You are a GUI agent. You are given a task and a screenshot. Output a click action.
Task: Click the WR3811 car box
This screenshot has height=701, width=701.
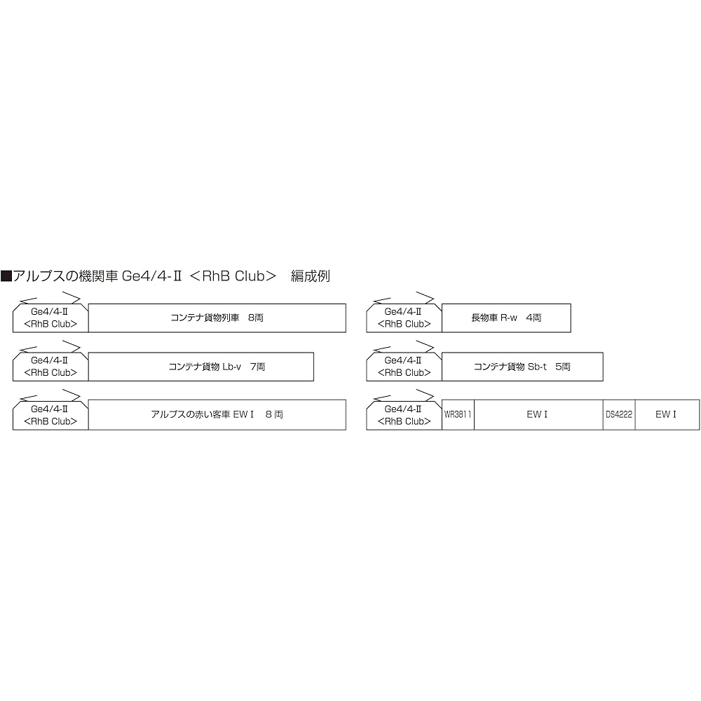458,414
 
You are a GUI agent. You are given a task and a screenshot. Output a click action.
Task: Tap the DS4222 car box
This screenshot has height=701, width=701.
619,414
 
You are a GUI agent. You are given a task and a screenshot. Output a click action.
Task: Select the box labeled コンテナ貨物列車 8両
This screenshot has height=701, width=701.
217,318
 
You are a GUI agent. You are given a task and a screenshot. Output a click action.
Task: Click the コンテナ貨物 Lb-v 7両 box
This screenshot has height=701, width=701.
201,367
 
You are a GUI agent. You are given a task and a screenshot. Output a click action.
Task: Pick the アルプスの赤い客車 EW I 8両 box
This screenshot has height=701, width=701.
217,414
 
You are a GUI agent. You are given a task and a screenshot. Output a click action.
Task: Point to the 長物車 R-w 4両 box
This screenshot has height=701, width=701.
506,318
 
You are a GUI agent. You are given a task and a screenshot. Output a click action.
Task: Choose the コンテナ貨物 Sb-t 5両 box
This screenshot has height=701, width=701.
522,367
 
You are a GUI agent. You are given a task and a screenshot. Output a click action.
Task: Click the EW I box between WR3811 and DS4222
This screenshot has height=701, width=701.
538,414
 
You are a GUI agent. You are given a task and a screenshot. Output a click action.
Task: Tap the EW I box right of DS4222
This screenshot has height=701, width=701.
667,414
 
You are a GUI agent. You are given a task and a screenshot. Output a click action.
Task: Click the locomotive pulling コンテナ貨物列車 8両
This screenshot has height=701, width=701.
50,318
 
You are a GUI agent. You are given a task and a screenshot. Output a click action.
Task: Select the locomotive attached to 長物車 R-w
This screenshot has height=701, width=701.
404,318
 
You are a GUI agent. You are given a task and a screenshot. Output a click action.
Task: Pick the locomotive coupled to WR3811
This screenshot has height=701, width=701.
404,414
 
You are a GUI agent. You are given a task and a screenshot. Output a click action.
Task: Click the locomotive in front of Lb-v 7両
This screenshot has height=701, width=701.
50,367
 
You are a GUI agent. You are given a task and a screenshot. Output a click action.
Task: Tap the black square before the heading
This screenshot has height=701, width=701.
6,275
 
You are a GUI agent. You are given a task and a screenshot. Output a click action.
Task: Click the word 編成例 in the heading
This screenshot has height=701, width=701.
311,275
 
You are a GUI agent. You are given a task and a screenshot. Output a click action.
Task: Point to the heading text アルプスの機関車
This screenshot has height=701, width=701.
65,275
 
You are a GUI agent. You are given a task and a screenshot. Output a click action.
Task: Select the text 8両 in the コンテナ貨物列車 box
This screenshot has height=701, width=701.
256,318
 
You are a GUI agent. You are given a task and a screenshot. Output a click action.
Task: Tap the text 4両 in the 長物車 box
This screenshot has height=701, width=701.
533,318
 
